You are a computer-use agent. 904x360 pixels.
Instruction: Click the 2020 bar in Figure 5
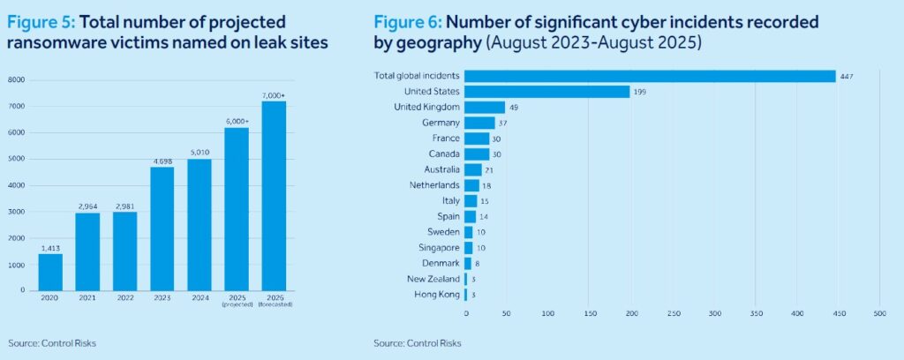(49, 272)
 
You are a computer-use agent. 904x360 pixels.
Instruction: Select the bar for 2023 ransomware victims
(162, 229)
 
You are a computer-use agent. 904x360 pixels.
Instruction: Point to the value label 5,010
(200, 152)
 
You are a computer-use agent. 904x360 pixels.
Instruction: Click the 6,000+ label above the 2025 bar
(237, 121)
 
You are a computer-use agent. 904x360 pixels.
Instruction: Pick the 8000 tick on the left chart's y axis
(17, 80)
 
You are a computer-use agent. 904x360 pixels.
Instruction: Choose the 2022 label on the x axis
(124, 297)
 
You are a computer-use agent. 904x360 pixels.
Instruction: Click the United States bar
(546, 92)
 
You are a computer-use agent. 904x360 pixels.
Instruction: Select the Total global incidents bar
(650, 76)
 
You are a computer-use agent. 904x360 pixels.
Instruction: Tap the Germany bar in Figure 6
(479, 123)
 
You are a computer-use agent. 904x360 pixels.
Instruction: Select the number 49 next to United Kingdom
(515, 108)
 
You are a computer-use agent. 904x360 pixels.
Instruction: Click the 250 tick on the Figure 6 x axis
(674, 312)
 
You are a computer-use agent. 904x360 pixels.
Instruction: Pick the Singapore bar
(469, 248)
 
